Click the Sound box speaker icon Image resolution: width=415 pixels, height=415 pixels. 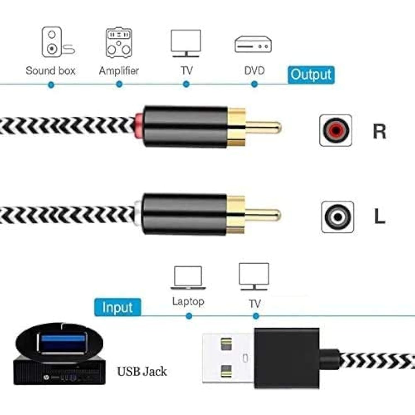click(58, 42)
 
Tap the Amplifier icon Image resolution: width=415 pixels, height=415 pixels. click(119, 43)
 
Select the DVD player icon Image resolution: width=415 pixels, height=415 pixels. click(253, 45)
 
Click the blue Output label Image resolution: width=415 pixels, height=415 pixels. click(311, 75)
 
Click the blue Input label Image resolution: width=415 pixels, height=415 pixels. click(118, 307)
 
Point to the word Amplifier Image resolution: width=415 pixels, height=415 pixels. click(119, 71)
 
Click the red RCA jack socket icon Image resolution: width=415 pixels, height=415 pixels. click(336, 130)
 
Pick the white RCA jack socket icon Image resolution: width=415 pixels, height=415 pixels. click(337, 217)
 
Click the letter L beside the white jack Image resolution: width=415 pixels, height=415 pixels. click(380, 216)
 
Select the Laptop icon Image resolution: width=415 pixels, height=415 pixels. click(188, 278)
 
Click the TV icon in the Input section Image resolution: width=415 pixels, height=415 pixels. click(254, 276)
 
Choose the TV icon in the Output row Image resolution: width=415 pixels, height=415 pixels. click(186, 43)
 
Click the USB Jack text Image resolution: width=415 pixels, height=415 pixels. click(142, 372)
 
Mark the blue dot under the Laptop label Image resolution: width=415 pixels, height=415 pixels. click(189, 316)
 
